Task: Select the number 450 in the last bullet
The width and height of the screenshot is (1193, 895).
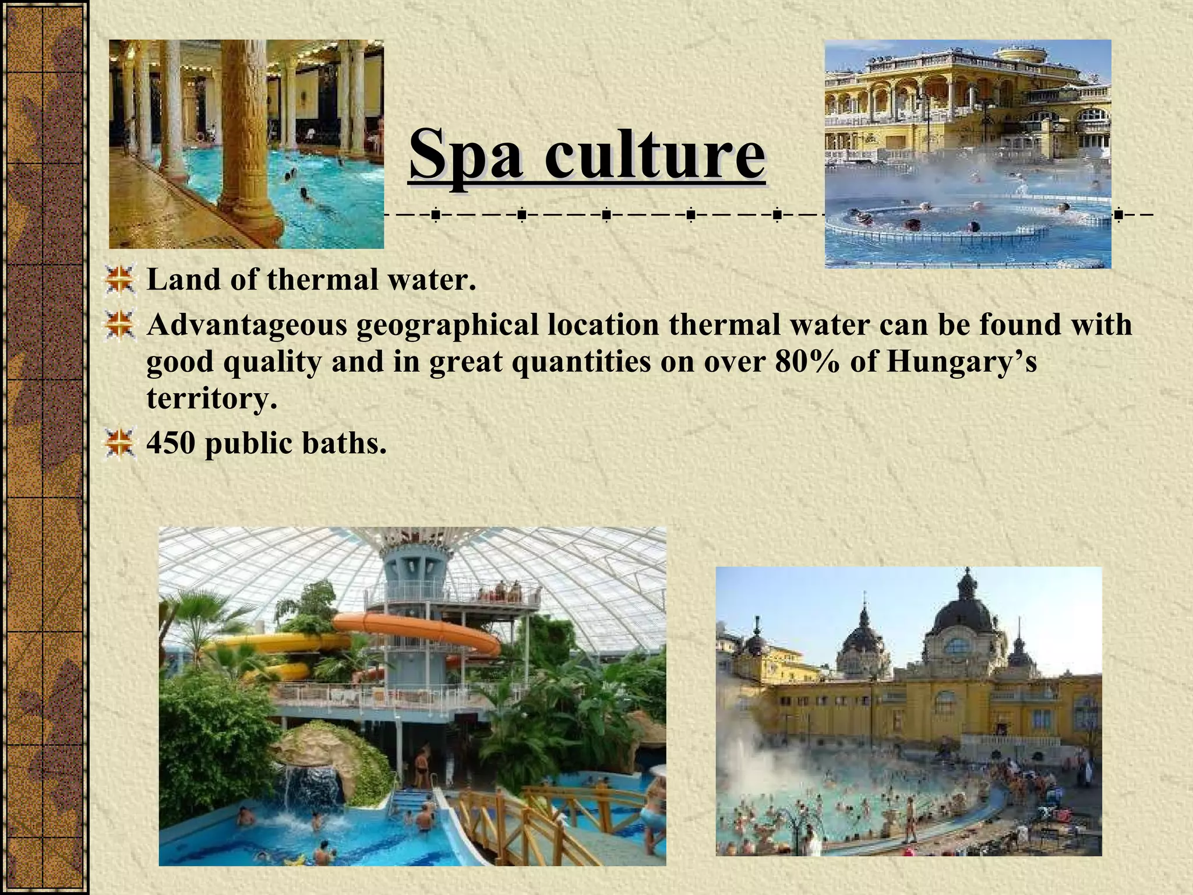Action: pos(171,443)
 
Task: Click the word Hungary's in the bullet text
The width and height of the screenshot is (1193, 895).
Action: pos(961,362)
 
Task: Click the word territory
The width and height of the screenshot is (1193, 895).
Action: pos(211,399)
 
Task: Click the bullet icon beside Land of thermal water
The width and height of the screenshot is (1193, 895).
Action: pos(120,280)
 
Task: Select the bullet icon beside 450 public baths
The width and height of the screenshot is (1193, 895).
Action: pos(120,443)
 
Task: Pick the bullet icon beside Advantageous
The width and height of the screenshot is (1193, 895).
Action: pos(120,325)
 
